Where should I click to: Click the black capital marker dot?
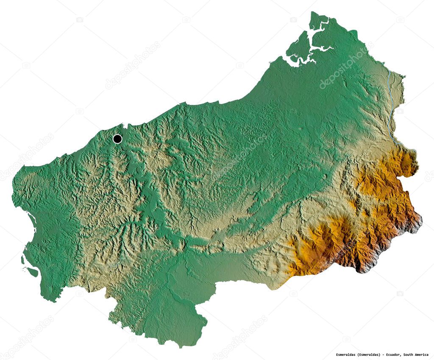(117, 139)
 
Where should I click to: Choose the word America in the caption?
(423, 354)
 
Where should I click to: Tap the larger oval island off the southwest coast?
(32, 271)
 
